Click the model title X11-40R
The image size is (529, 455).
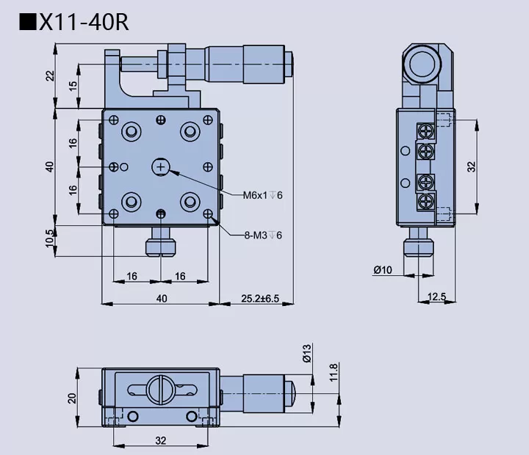point(84,22)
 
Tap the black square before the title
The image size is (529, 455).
point(28,22)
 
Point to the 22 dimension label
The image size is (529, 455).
point(50,76)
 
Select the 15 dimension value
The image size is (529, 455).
point(73,86)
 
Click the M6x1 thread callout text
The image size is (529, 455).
point(262,194)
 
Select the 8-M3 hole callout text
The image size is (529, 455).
point(262,235)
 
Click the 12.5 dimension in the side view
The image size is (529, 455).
point(436,296)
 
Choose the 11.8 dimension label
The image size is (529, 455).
point(334,372)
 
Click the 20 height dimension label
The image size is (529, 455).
point(72,398)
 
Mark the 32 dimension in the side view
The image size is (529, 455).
point(472,167)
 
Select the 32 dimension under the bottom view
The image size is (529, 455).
point(161,440)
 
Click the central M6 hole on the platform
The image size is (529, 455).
point(161,168)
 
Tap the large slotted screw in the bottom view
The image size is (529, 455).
point(161,388)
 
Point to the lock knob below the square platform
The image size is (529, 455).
point(161,243)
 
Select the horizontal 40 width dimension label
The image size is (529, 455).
point(161,298)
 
